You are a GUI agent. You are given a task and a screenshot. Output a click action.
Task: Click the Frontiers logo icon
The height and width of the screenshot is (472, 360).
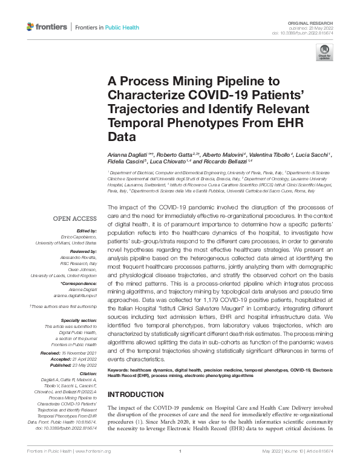[x=31, y=27]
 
